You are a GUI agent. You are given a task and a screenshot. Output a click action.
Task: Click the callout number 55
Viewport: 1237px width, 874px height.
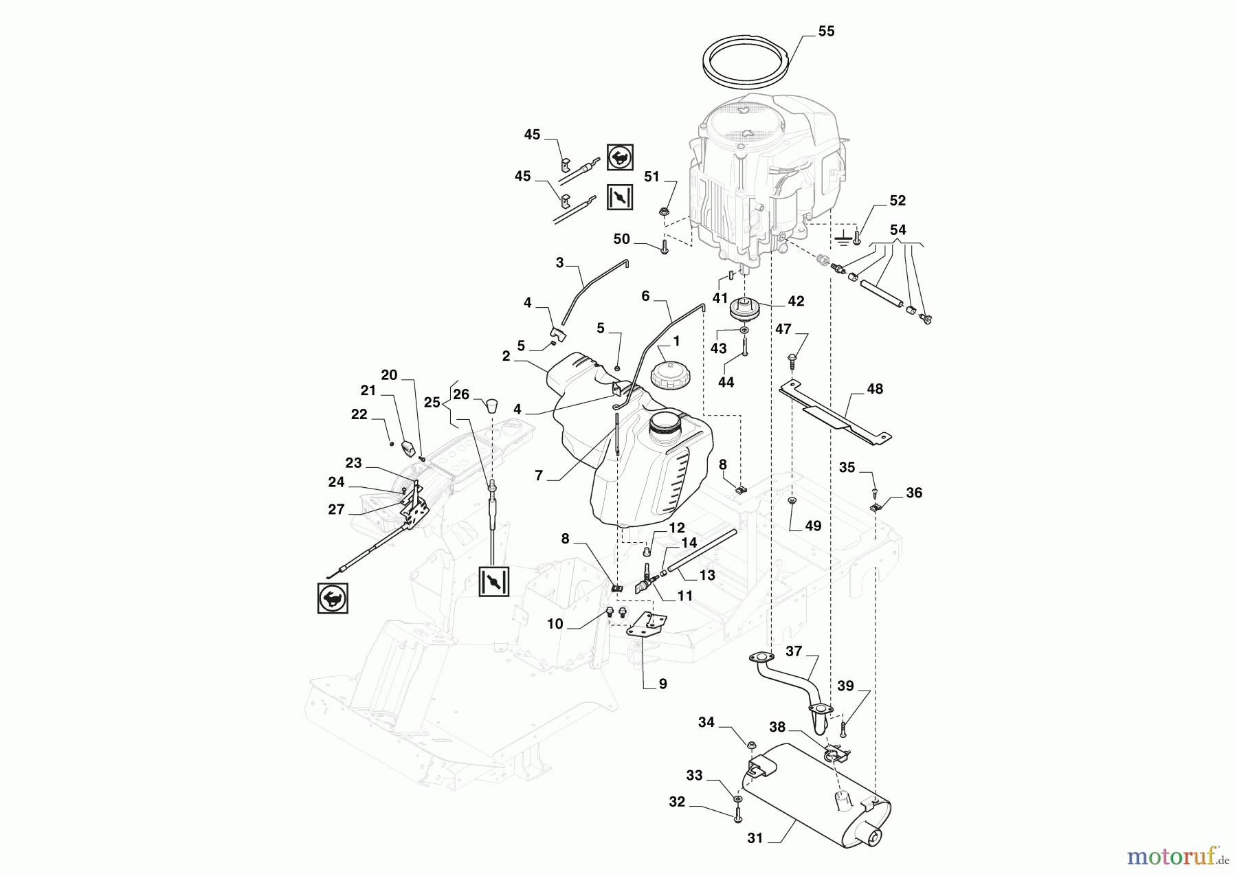click(826, 32)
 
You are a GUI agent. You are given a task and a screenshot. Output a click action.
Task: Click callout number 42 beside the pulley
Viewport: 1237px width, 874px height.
click(796, 301)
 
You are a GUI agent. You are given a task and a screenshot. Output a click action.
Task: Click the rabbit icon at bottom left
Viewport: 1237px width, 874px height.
click(333, 598)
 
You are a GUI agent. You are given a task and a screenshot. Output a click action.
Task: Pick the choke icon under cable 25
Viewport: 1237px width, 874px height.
click(493, 582)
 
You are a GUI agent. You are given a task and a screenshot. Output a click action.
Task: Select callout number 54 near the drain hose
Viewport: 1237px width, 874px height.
click(898, 230)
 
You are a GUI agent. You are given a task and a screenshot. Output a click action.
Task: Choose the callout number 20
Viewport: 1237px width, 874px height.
click(389, 375)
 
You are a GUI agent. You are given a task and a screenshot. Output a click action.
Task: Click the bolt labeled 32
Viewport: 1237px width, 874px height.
click(737, 816)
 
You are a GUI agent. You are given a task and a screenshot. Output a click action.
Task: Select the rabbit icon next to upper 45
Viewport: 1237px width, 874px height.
click(620, 157)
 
